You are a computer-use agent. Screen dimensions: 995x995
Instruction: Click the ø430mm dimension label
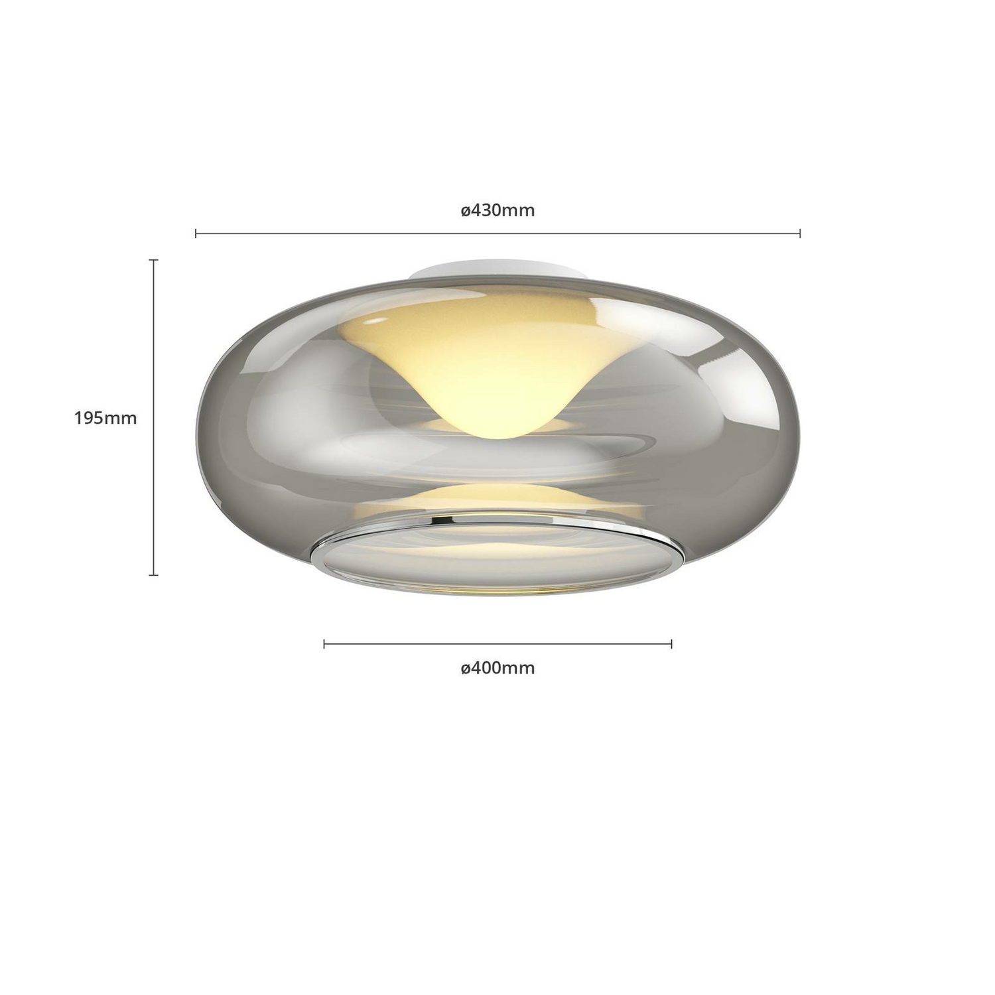click(497, 210)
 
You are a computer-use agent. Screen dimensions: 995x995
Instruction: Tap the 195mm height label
click(105, 418)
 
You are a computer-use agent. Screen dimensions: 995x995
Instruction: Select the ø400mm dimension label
click(497, 668)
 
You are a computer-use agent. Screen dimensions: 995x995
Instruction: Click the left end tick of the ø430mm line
click(196, 233)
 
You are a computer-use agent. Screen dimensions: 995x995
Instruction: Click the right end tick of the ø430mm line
click(800, 233)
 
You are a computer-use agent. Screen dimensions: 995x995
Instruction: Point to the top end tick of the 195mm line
click(154, 260)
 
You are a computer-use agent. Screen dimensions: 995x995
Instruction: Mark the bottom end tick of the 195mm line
click(154, 574)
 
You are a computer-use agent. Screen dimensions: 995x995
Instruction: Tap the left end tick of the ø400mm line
click(324, 643)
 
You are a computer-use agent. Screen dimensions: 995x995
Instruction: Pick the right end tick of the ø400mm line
click(672, 643)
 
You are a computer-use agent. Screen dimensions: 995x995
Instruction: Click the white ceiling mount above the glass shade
click(497, 271)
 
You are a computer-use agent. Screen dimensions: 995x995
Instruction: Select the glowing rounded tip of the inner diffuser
click(497, 428)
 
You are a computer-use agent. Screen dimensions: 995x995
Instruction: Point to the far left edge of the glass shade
click(198, 431)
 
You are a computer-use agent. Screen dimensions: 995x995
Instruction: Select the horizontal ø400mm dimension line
click(497, 643)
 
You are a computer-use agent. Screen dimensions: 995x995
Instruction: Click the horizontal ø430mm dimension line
click(497, 233)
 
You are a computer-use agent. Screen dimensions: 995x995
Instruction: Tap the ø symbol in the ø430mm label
click(466, 212)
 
